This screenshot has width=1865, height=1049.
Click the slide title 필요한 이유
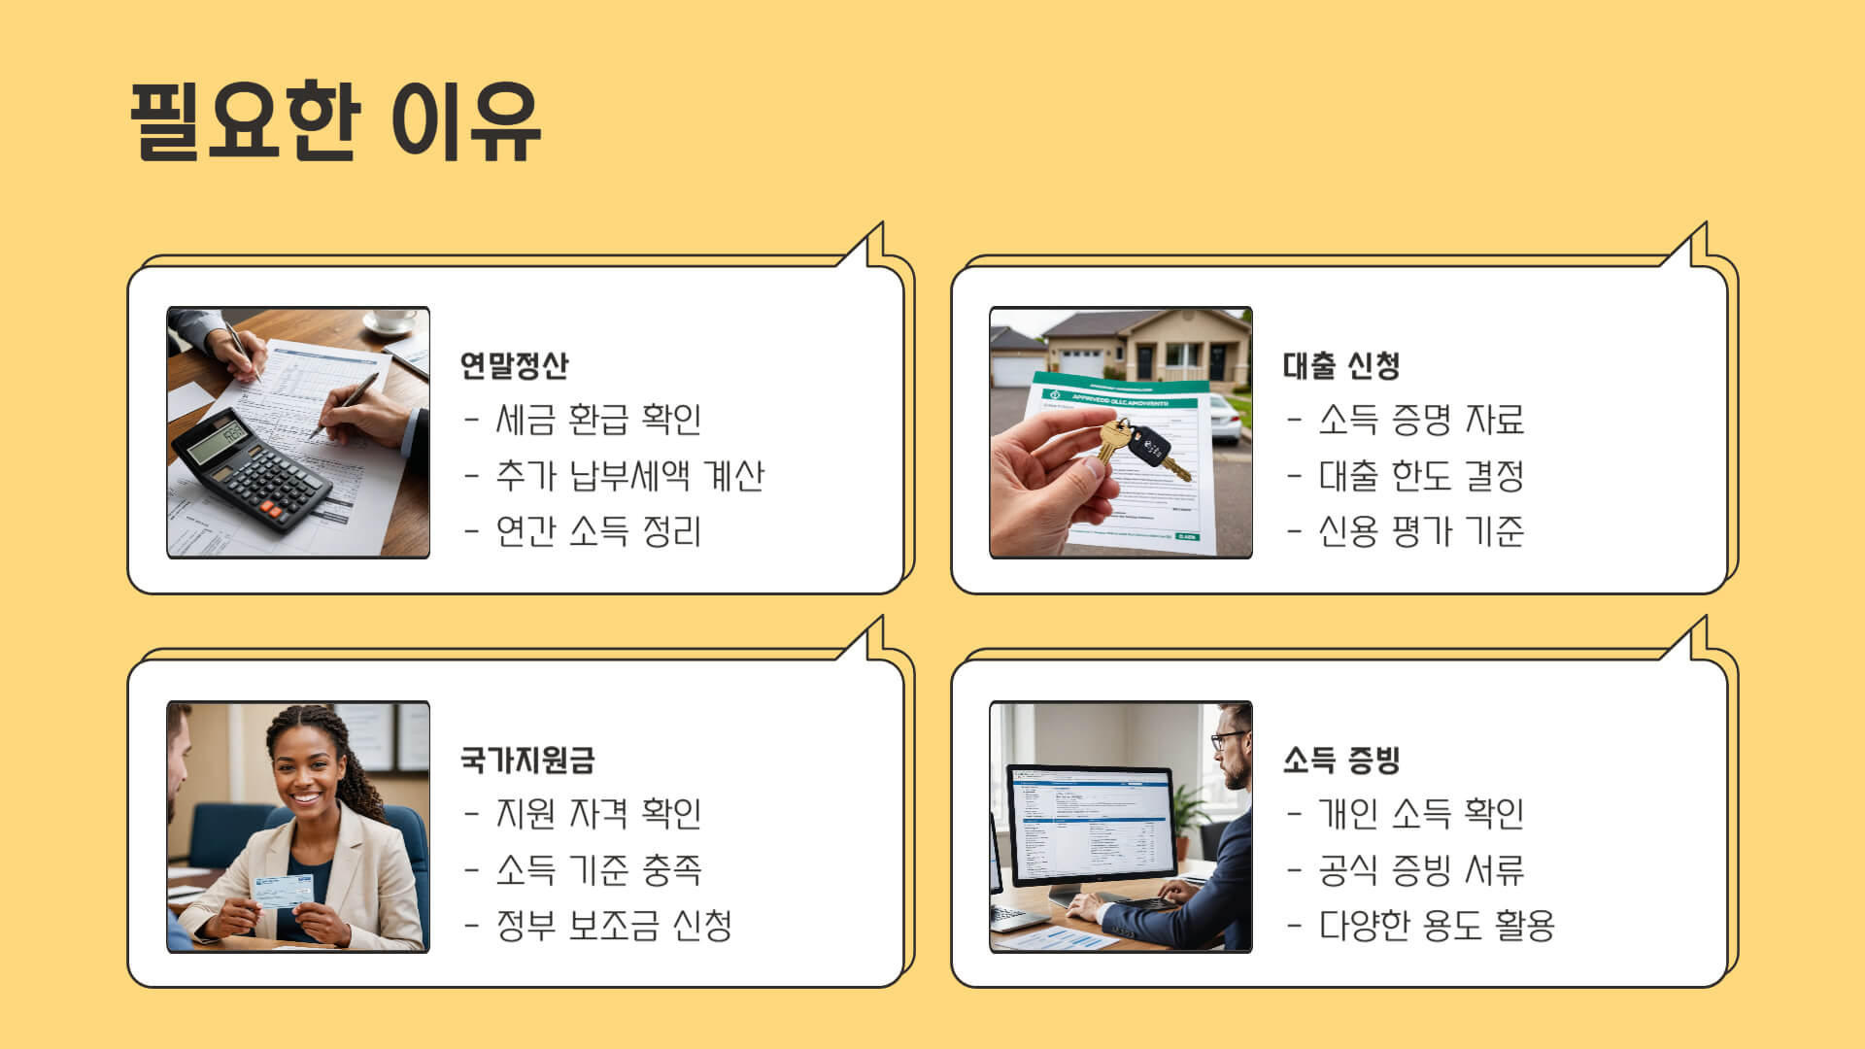[335, 121]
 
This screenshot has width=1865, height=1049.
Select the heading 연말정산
[514, 365]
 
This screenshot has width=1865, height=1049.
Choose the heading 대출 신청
[1340, 365]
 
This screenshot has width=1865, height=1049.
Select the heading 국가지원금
[527, 760]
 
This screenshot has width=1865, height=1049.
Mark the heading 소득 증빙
[1340, 760]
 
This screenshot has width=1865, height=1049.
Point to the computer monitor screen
[1091, 826]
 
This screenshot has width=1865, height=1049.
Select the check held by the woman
[283, 890]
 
